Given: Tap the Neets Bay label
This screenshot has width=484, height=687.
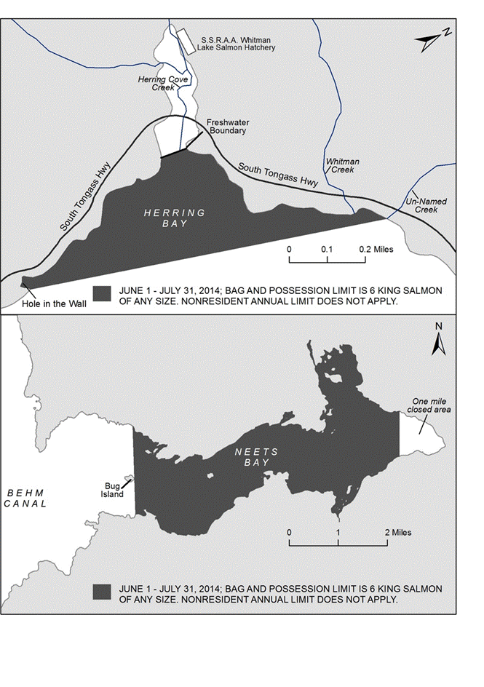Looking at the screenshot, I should click(x=252, y=456).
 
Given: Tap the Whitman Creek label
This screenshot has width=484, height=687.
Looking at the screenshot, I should click(x=343, y=165).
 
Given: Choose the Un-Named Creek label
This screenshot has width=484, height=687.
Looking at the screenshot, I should click(x=421, y=204).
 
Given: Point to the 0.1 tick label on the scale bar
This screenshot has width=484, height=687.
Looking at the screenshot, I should click(x=328, y=250).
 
